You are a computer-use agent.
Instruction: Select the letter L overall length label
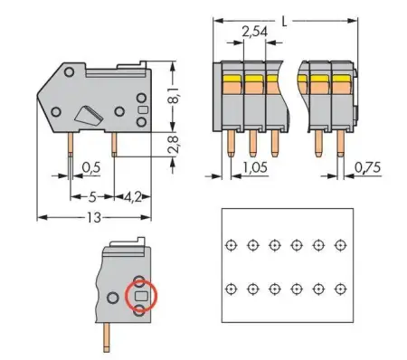[x=286, y=17]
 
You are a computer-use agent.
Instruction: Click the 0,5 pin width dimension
[x=90, y=166]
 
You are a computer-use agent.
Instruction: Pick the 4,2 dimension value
[x=130, y=195]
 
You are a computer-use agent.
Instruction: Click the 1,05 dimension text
[x=257, y=167]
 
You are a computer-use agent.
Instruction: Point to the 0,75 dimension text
[x=368, y=167]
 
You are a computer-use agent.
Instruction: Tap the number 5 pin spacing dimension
[x=92, y=195]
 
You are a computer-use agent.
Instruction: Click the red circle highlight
[x=140, y=295]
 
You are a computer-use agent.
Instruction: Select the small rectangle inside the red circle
[x=140, y=295]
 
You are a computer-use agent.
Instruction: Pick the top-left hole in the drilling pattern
[x=231, y=245]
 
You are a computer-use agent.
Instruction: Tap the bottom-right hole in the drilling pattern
[x=340, y=289]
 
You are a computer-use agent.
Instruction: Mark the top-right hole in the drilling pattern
[x=340, y=245]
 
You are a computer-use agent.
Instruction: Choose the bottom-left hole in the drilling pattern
[x=231, y=289]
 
